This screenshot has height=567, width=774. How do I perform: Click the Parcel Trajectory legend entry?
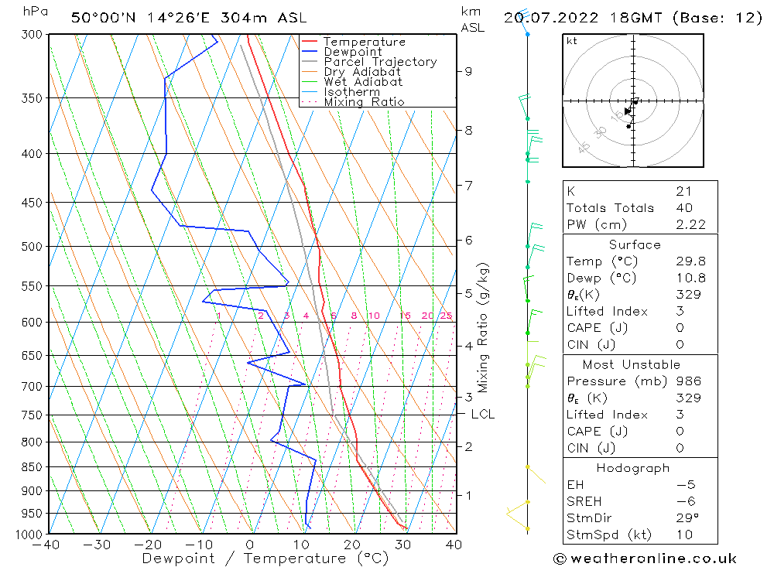click(380, 62)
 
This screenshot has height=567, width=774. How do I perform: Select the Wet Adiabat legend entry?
click(363, 82)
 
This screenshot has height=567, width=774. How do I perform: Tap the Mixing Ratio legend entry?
click(364, 102)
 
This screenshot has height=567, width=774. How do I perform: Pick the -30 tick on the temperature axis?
click(98, 545)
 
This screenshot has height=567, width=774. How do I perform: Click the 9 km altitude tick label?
click(468, 71)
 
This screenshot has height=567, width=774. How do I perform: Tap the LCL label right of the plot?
click(482, 415)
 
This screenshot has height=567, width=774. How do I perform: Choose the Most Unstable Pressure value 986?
click(688, 381)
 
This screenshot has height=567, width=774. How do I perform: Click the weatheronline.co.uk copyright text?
click(644, 558)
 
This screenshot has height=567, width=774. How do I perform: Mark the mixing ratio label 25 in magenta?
click(446, 316)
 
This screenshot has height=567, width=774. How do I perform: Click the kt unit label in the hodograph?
click(572, 41)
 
